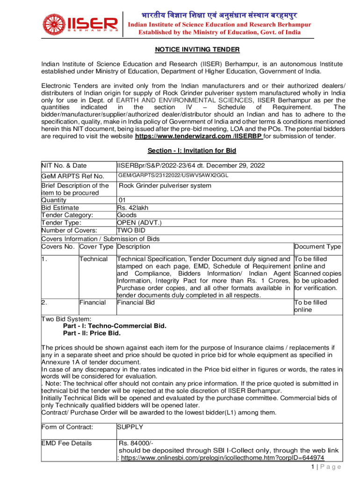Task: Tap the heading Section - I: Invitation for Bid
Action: [x=192, y=151]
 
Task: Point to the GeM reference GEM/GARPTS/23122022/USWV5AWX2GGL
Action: [x=173, y=175]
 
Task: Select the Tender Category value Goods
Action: [x=127, y=215]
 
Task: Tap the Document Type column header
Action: [x=317, y=247]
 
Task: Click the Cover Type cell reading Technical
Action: [x=94, y=259]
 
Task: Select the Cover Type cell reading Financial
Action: [x=93, y=303]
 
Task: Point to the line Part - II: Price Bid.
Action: [x=92, y=333]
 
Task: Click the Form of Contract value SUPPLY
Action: [x=130, y=427]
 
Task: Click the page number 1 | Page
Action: [x=323, y=467]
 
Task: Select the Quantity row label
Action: [x=54, y=200]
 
